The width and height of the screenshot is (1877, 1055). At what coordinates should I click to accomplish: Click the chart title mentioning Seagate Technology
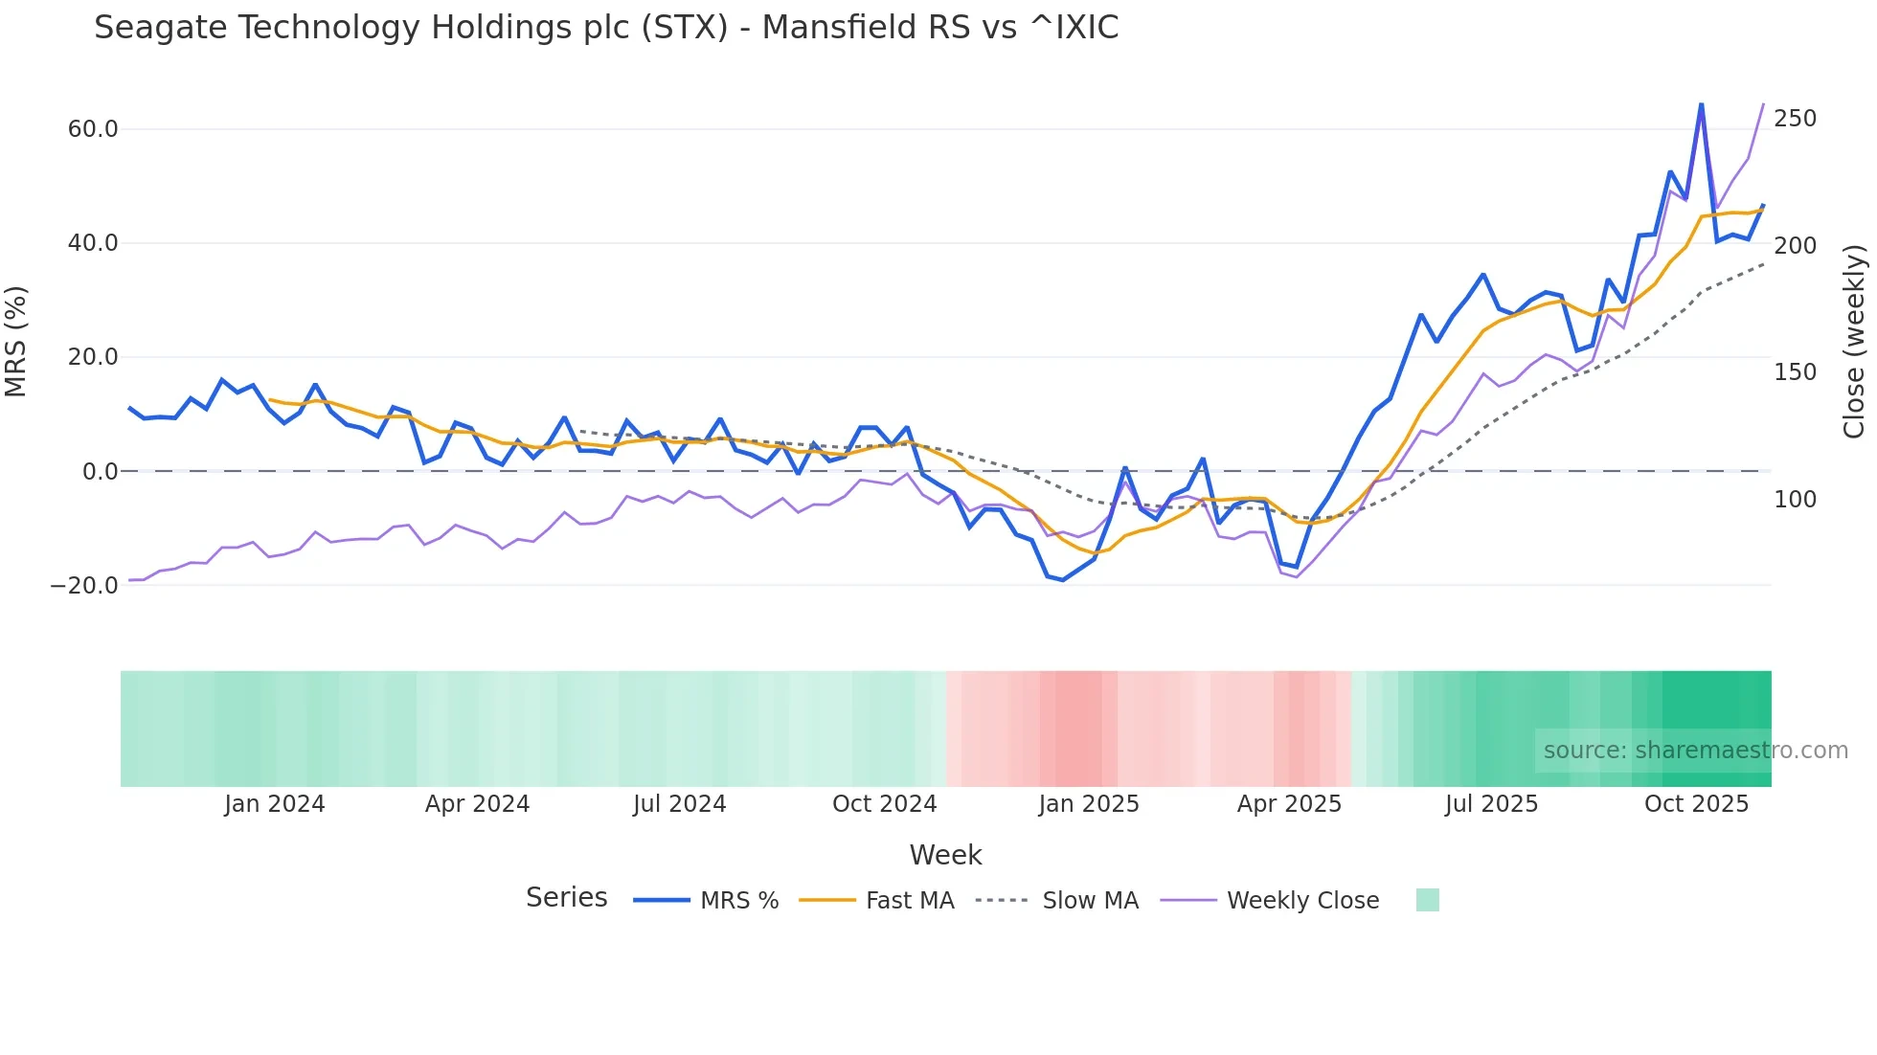click(605, 28)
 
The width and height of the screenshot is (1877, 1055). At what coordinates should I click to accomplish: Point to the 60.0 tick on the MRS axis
click(93, 129)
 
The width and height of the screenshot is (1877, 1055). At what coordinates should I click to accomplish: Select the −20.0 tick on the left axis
click(84, 585)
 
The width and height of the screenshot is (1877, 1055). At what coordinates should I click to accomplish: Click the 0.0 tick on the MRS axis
click(100, 471)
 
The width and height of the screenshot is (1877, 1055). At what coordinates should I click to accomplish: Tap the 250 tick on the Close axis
click(1795, 119)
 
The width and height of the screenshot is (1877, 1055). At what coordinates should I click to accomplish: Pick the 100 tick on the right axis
click(1795, 499)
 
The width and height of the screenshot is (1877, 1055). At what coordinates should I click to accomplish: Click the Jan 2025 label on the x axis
click(1089, 804)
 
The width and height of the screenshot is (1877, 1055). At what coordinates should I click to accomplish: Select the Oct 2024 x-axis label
click(884, 804)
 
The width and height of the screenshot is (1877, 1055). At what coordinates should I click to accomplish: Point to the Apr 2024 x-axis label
click(477, 804)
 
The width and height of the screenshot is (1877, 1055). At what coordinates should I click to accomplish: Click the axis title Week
click(945, 855)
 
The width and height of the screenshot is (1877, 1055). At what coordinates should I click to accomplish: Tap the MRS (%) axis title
click(16, 342)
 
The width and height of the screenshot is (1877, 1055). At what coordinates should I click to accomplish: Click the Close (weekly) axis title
click(1854, 342)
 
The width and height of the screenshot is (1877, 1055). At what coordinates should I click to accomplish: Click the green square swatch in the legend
click(1427, 900)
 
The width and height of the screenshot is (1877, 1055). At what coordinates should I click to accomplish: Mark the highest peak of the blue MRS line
click(1701, 104)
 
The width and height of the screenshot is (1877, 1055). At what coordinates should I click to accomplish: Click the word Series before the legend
click(566, 898)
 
